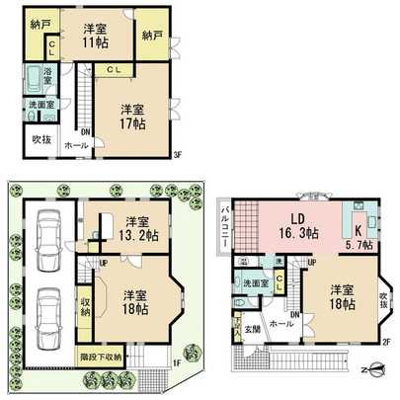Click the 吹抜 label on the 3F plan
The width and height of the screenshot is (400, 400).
(40, 140)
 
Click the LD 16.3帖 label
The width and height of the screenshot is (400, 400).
(296, 226)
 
